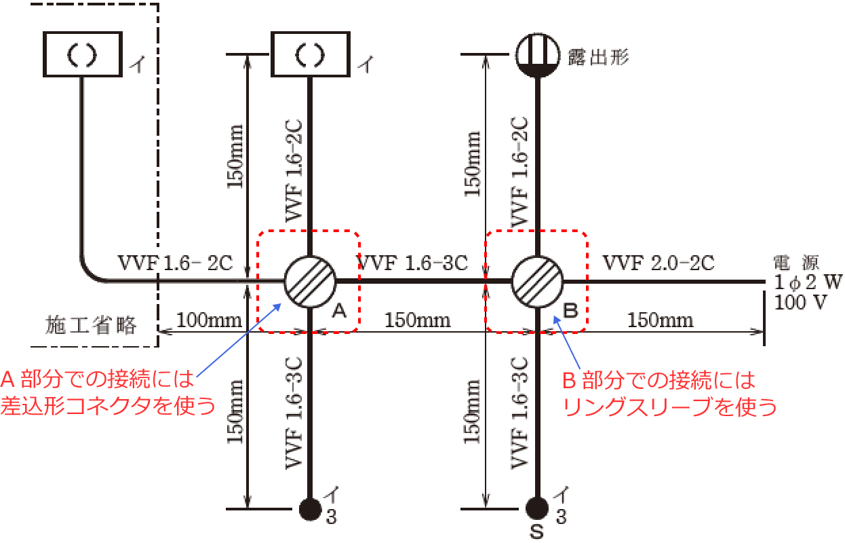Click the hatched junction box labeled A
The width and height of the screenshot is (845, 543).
(x=309, y=280)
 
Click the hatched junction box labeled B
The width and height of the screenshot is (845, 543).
(x=538, y=280)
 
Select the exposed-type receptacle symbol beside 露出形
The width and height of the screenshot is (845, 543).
(x=538, y=54)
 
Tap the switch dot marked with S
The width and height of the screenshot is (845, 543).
(x=538, y=508)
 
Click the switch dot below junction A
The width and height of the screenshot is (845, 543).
(x=310, y=508)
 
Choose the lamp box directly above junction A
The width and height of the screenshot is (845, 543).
(x=310, y=54)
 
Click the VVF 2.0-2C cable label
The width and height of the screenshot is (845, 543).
(x=658, y=263)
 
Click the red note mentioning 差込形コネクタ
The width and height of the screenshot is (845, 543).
(x=109, y=393)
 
